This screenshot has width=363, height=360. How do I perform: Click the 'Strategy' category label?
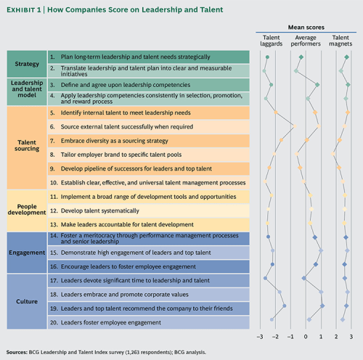(28, 63)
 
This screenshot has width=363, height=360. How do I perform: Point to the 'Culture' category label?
(28, 298)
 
